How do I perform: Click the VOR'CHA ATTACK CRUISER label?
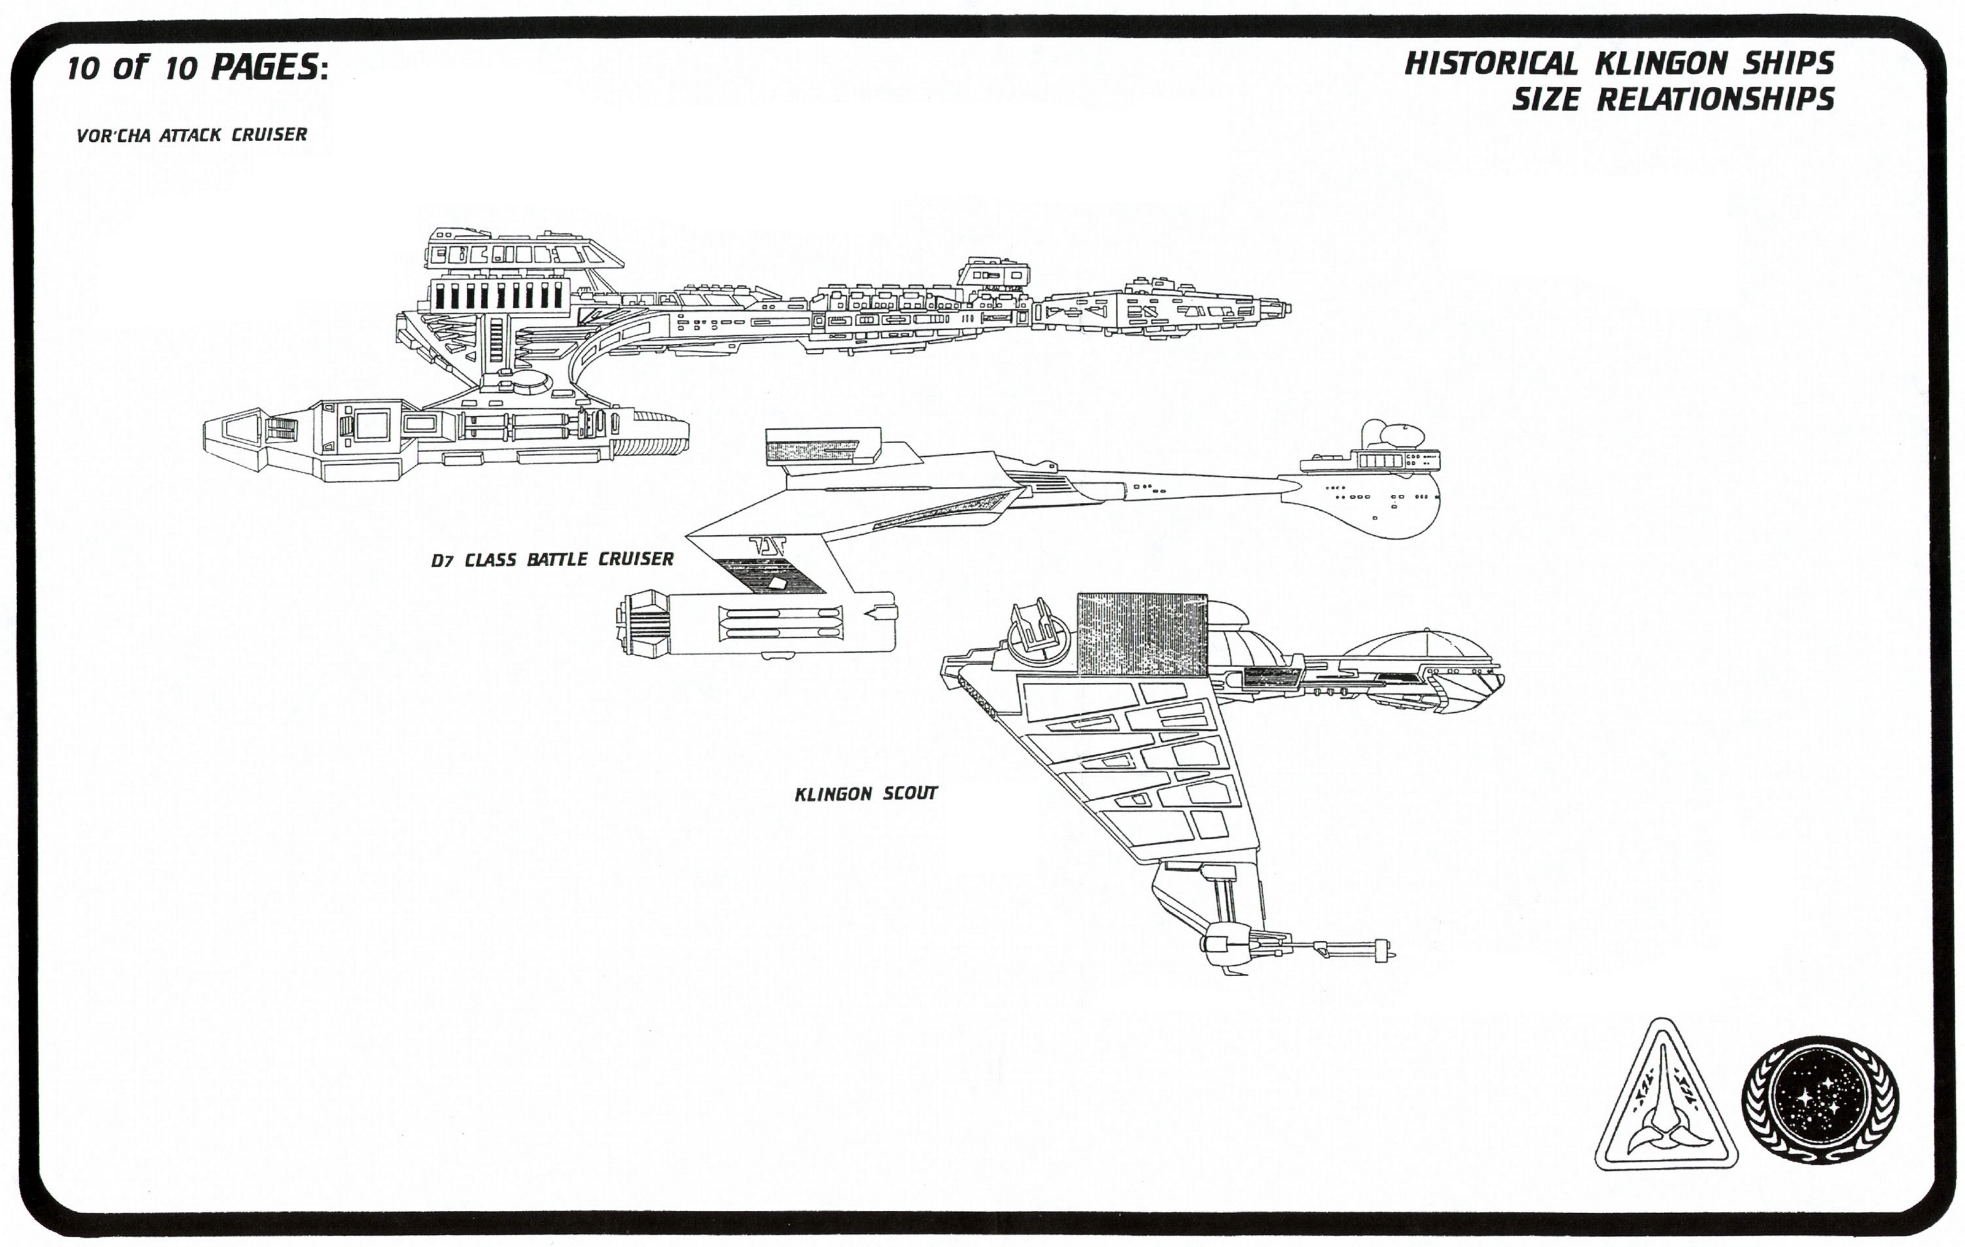click(x=192, y=134)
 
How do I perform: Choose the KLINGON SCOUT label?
click(x=866, y=793)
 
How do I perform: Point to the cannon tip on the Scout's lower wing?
click(x=1391, y=953)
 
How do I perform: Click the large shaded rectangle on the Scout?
click(x=1142, y=635)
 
